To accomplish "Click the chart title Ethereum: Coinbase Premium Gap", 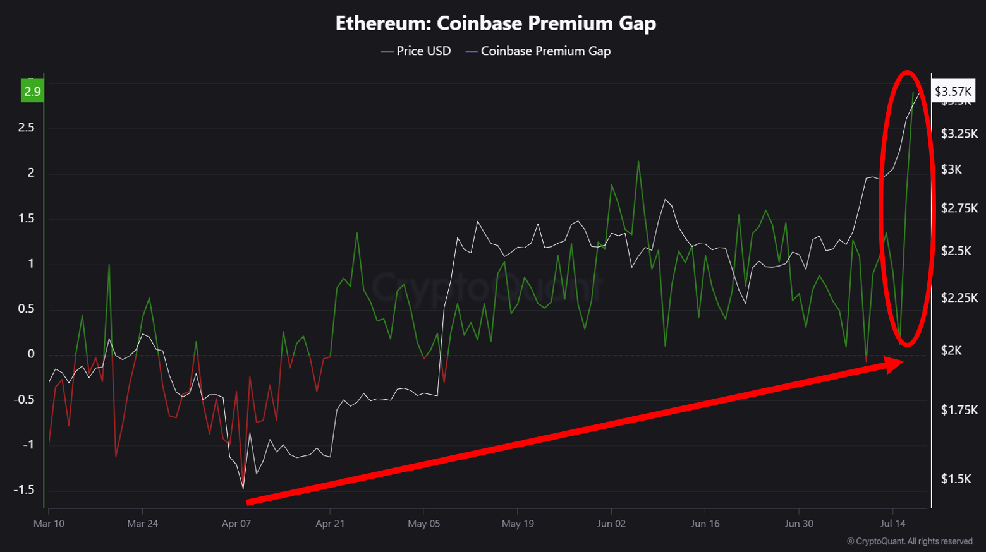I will pyautogui.click(x=496, y=23).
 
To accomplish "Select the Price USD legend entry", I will pyautogui.click(x=423, y=51).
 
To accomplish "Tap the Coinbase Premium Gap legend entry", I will pyautogui.click(x=545, y=51).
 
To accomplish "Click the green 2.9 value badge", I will pyautogui.click(x=32, y=92).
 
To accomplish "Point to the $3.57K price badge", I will pyautogui.click(x=953, y=92).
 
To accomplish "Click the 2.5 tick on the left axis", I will pyautogui.click(x=26, y=128).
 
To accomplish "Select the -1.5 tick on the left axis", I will pyautogui.click(x=24, y=490).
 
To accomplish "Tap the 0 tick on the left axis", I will pyautogui.click(x=31, y=354).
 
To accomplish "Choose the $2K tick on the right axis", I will pyautogui.click(x=951, y=351).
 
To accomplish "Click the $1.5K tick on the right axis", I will pyautogui.click(x=956, y=479).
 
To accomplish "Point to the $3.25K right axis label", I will pyautogui.click(x=959, y=133).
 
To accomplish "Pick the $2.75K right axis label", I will pyautogui.click(x=959, y=208).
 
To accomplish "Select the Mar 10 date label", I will pyautogui.click(x=49, y=524).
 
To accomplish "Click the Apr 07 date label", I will pyautogui.click(x=236, y=524).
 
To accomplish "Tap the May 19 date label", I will pyautogui.click(x=518, y=524).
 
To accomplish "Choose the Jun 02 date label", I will pyautogui.click(x=611, y=524).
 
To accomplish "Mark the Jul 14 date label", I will pyautogui.click(x=892, y=524).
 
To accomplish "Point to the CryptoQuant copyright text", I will pyautogui.click(x=910, y=541).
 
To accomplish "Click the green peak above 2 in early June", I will pyautogui.click(x=638, y=162).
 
